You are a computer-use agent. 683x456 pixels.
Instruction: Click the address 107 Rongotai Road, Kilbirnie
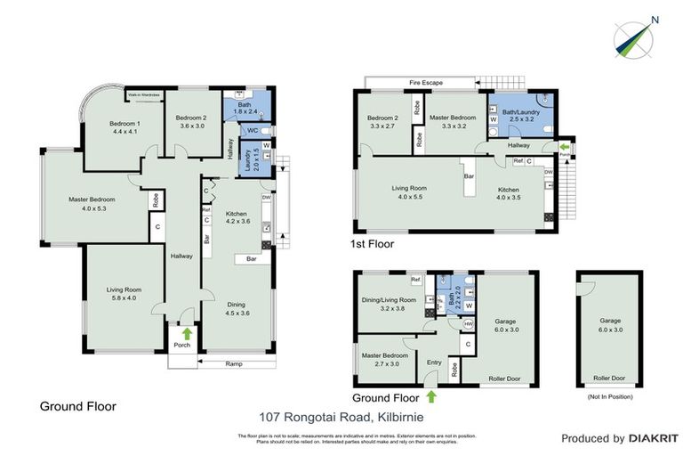pos(342,416)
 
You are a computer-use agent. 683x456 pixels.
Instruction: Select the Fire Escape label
pos(426,83)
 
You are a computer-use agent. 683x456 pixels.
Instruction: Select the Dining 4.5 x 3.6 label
pos(236,307)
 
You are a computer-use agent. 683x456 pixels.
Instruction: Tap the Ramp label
pos(234,363)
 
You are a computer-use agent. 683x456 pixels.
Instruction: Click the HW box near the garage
pos(468,325)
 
